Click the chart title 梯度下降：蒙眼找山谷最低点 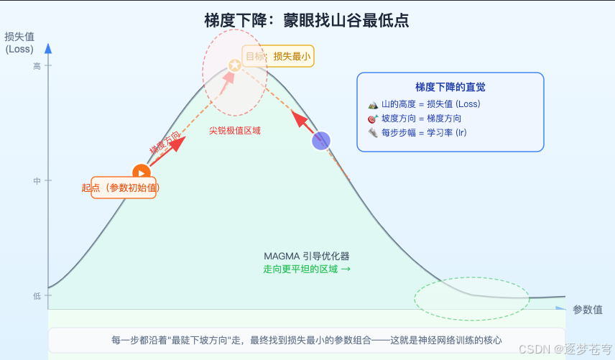(307, 20)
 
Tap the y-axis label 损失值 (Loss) (19, 43)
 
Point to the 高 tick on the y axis (37, 66)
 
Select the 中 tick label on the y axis (37, 181)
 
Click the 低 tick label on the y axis (37, 296)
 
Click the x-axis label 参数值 (587, 310)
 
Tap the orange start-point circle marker (141, 172)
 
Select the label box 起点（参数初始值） (123, 188)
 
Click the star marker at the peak (234, 65)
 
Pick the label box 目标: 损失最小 (278, 56)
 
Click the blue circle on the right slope (320, 141)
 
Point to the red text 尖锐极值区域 (235, 131)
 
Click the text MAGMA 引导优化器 (306, 256)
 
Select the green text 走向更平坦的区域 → (307, 269)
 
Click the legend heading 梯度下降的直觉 (450, 87)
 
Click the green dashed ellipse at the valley (472, 297)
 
